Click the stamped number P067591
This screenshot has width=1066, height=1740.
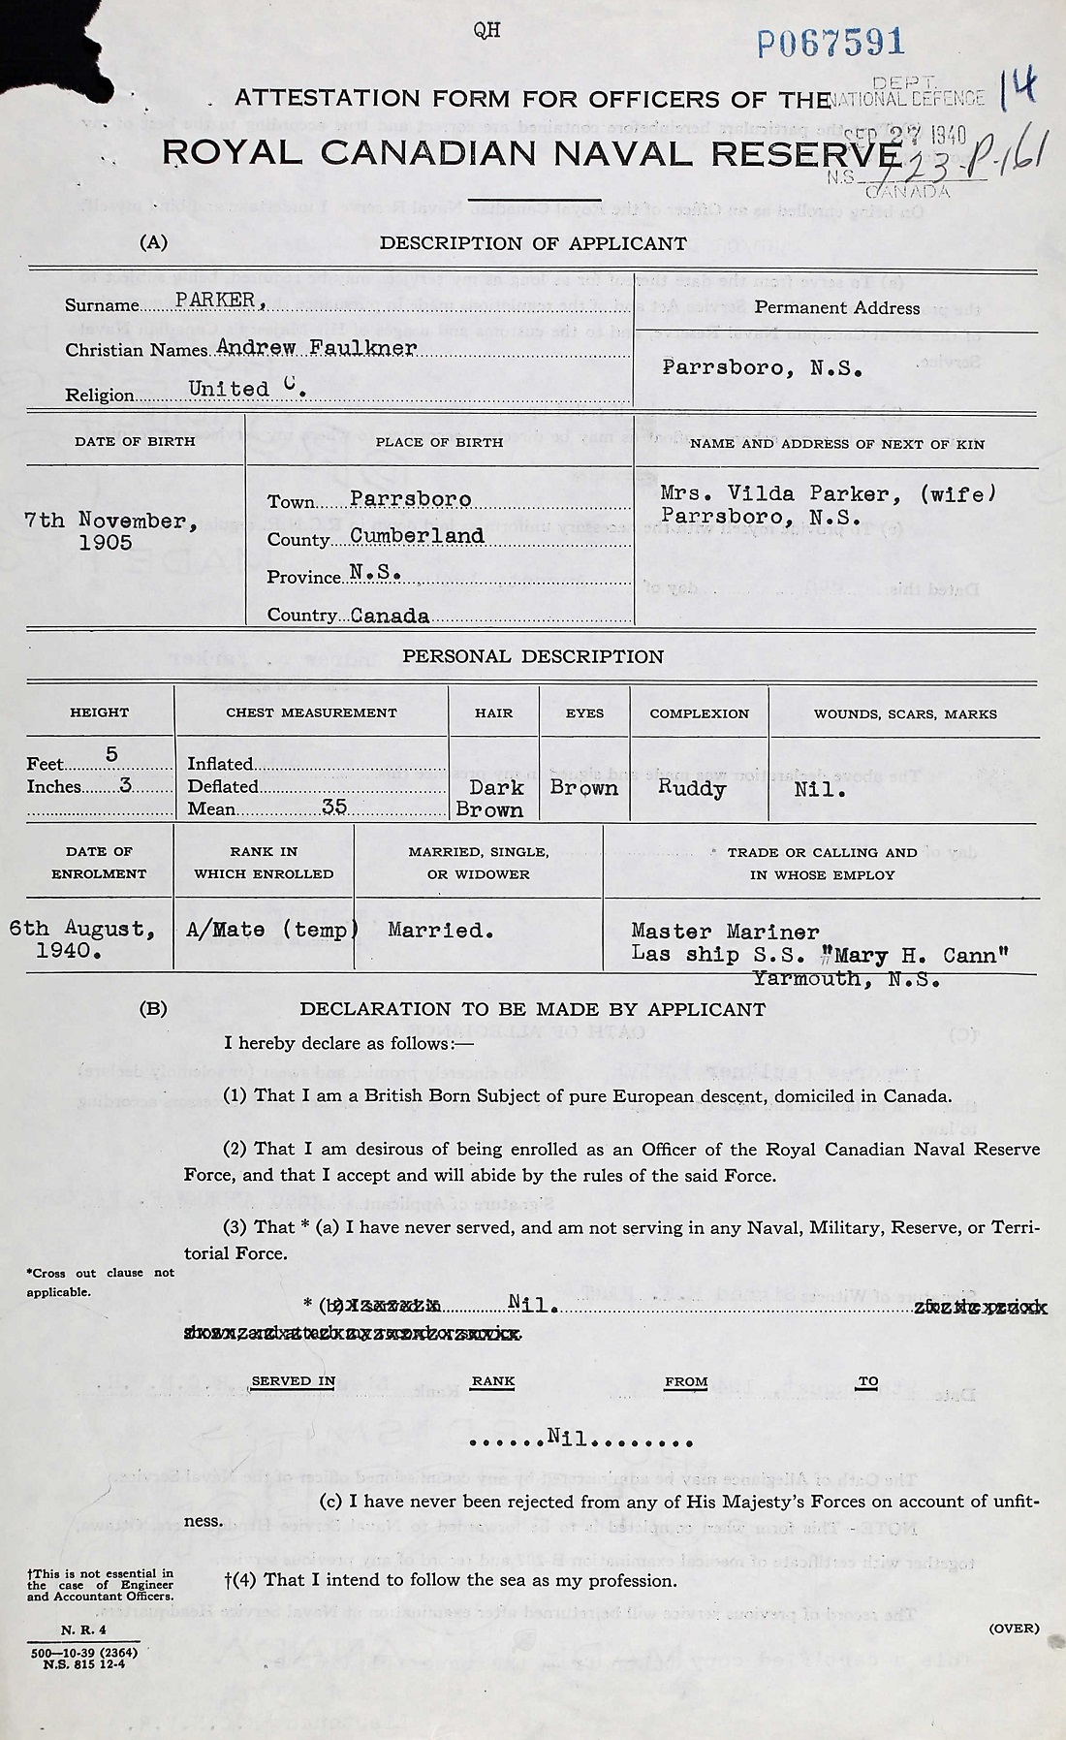(831, 43)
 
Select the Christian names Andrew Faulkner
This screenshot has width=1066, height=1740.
(317, 347)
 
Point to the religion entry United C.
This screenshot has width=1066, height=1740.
(247, 389)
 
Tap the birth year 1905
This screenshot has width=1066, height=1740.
(106, 543)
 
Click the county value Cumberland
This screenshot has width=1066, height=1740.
(417, 536)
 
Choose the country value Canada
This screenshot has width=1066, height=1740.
(390, 616)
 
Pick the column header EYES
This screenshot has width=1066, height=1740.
(584, 713)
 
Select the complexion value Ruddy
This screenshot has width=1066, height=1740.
(691, 788)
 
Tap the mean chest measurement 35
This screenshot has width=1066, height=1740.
(334, 807)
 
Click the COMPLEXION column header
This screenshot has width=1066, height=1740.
(699, 713)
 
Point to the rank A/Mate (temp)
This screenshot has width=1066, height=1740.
(271, 930)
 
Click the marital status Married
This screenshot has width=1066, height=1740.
(440, 931)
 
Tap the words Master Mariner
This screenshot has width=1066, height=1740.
(724, 932)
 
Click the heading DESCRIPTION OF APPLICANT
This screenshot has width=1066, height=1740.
(533, 243)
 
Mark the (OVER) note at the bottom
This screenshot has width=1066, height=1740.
(1013, 1628)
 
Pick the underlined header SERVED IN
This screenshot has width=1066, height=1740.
(293, 1381)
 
